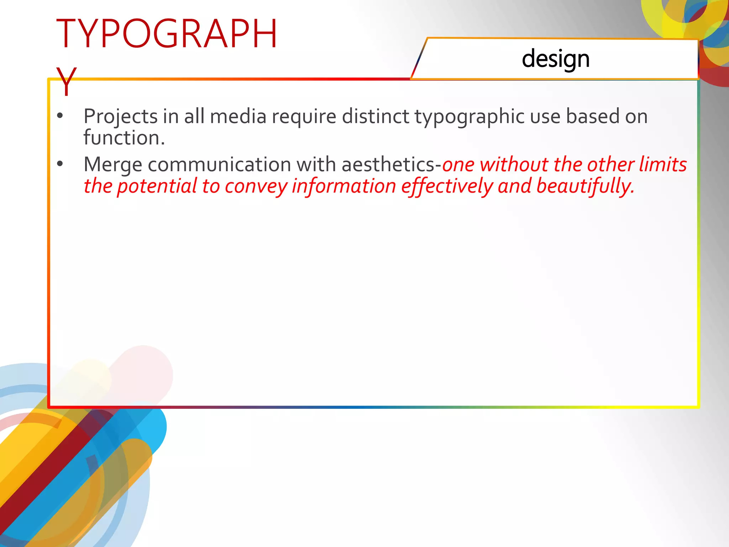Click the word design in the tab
tap(555, 59)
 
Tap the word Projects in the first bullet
tap(121, 117)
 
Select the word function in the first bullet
tap(121, 138)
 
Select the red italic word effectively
tap(447, 186)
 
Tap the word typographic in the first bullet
tap(470, 117)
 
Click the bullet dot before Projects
tap(60, 116)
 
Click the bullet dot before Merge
tap(60, 164)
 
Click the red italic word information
tap(343, 186)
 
